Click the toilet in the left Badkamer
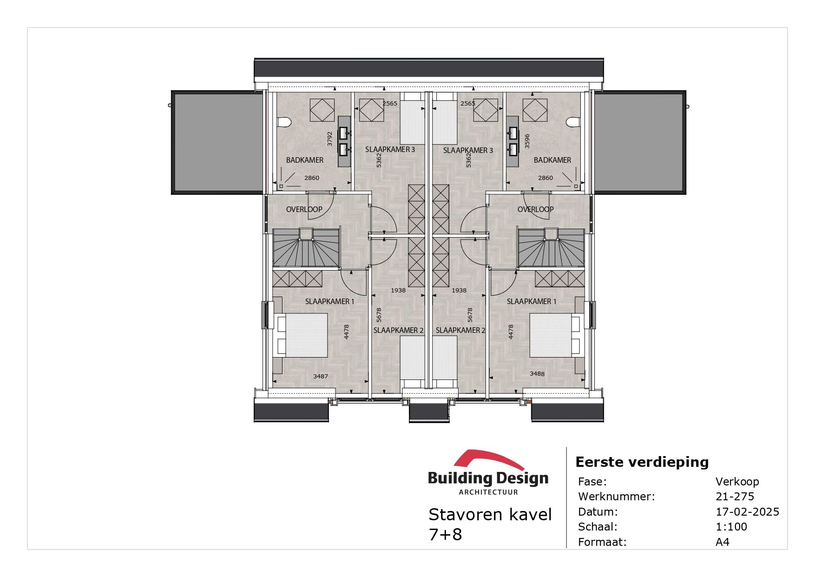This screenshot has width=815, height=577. click(284, 122)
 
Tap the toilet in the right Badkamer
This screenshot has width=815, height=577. click(573, 122)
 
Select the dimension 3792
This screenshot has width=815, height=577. click(330, 139)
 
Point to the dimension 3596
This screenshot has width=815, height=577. click(527, 141)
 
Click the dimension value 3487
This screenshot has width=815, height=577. click(321, 376)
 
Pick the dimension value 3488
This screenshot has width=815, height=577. click(537, 373)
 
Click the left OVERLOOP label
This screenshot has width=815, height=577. click(304, 209)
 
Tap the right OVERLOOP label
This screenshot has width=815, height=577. click(535, 209)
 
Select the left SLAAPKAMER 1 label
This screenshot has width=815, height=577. click(329, 301)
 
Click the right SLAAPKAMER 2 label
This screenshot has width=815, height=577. click(460, 330)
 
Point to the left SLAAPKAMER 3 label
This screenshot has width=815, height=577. click(390, 149)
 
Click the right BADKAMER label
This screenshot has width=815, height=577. click(552, 160)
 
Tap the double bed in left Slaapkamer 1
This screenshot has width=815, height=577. click(302, 335)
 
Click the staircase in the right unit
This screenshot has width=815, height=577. click(551, 249)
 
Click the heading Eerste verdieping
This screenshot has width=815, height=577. click(642, 462)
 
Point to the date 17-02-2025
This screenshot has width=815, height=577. click(747, 511)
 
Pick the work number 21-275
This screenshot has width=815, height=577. click(735, 496)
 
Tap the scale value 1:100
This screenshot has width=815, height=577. click(731, 526)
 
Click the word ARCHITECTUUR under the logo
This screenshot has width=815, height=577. click(488, 492)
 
